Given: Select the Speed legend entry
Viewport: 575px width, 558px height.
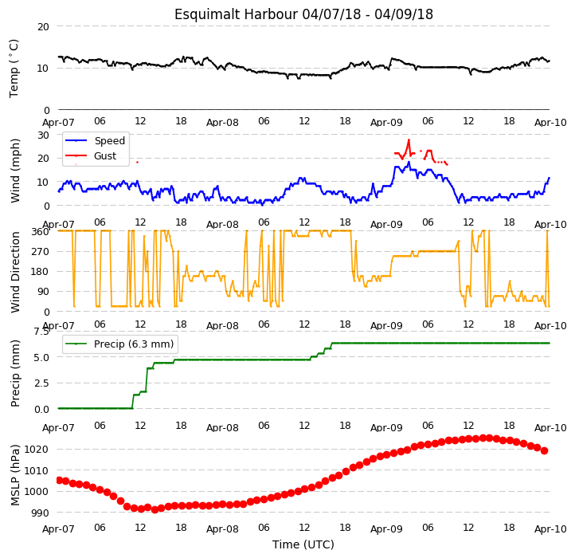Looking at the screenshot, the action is pyautogui.click(x=95, y=140).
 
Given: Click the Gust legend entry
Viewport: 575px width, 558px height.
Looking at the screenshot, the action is pyautogui.click(x=91, y=156).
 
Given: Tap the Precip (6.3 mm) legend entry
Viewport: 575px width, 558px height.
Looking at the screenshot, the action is pyautogui.click(x=119, y=344).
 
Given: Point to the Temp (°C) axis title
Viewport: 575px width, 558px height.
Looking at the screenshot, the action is pyautogui.click(x=14, y=69).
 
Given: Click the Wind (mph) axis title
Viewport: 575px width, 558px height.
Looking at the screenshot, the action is pyautogui.click(x=14, y=171).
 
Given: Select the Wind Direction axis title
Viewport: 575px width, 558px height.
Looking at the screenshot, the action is pyautogui.click(x=14, y=272).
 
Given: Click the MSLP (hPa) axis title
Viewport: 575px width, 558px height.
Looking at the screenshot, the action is pyautogui.click(x=14, y=475).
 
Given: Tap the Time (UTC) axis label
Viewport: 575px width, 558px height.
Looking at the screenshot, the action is pyautogui.click(x=303, y=544).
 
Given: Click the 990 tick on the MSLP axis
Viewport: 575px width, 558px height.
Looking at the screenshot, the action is pyautogui.click(x=41, y=513).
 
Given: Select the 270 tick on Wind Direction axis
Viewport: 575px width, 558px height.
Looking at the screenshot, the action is pyautogui.click(x=41, y=251).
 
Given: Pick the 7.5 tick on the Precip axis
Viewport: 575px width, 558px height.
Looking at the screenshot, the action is pyautogui.click(x=41, y=332).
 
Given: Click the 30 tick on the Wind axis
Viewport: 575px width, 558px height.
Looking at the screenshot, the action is pyautogui.click(x=43, y=135).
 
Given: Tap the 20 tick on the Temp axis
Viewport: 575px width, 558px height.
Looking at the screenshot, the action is pyautogui.click(x=43, y=26).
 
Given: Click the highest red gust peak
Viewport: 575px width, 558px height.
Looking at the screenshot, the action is pyautogui.click(x=409, y=139).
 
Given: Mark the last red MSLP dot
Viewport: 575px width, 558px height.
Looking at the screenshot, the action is pyautogui.click(x=544, y=451).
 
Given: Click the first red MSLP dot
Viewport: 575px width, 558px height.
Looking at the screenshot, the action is pyautogui.click(x=60, y=480).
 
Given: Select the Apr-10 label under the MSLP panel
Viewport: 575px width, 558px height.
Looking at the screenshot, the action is pyautogui.click(x=550, y=529).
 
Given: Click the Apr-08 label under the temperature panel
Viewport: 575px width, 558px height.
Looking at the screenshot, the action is pyautogui.click(x=222, y=122).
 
